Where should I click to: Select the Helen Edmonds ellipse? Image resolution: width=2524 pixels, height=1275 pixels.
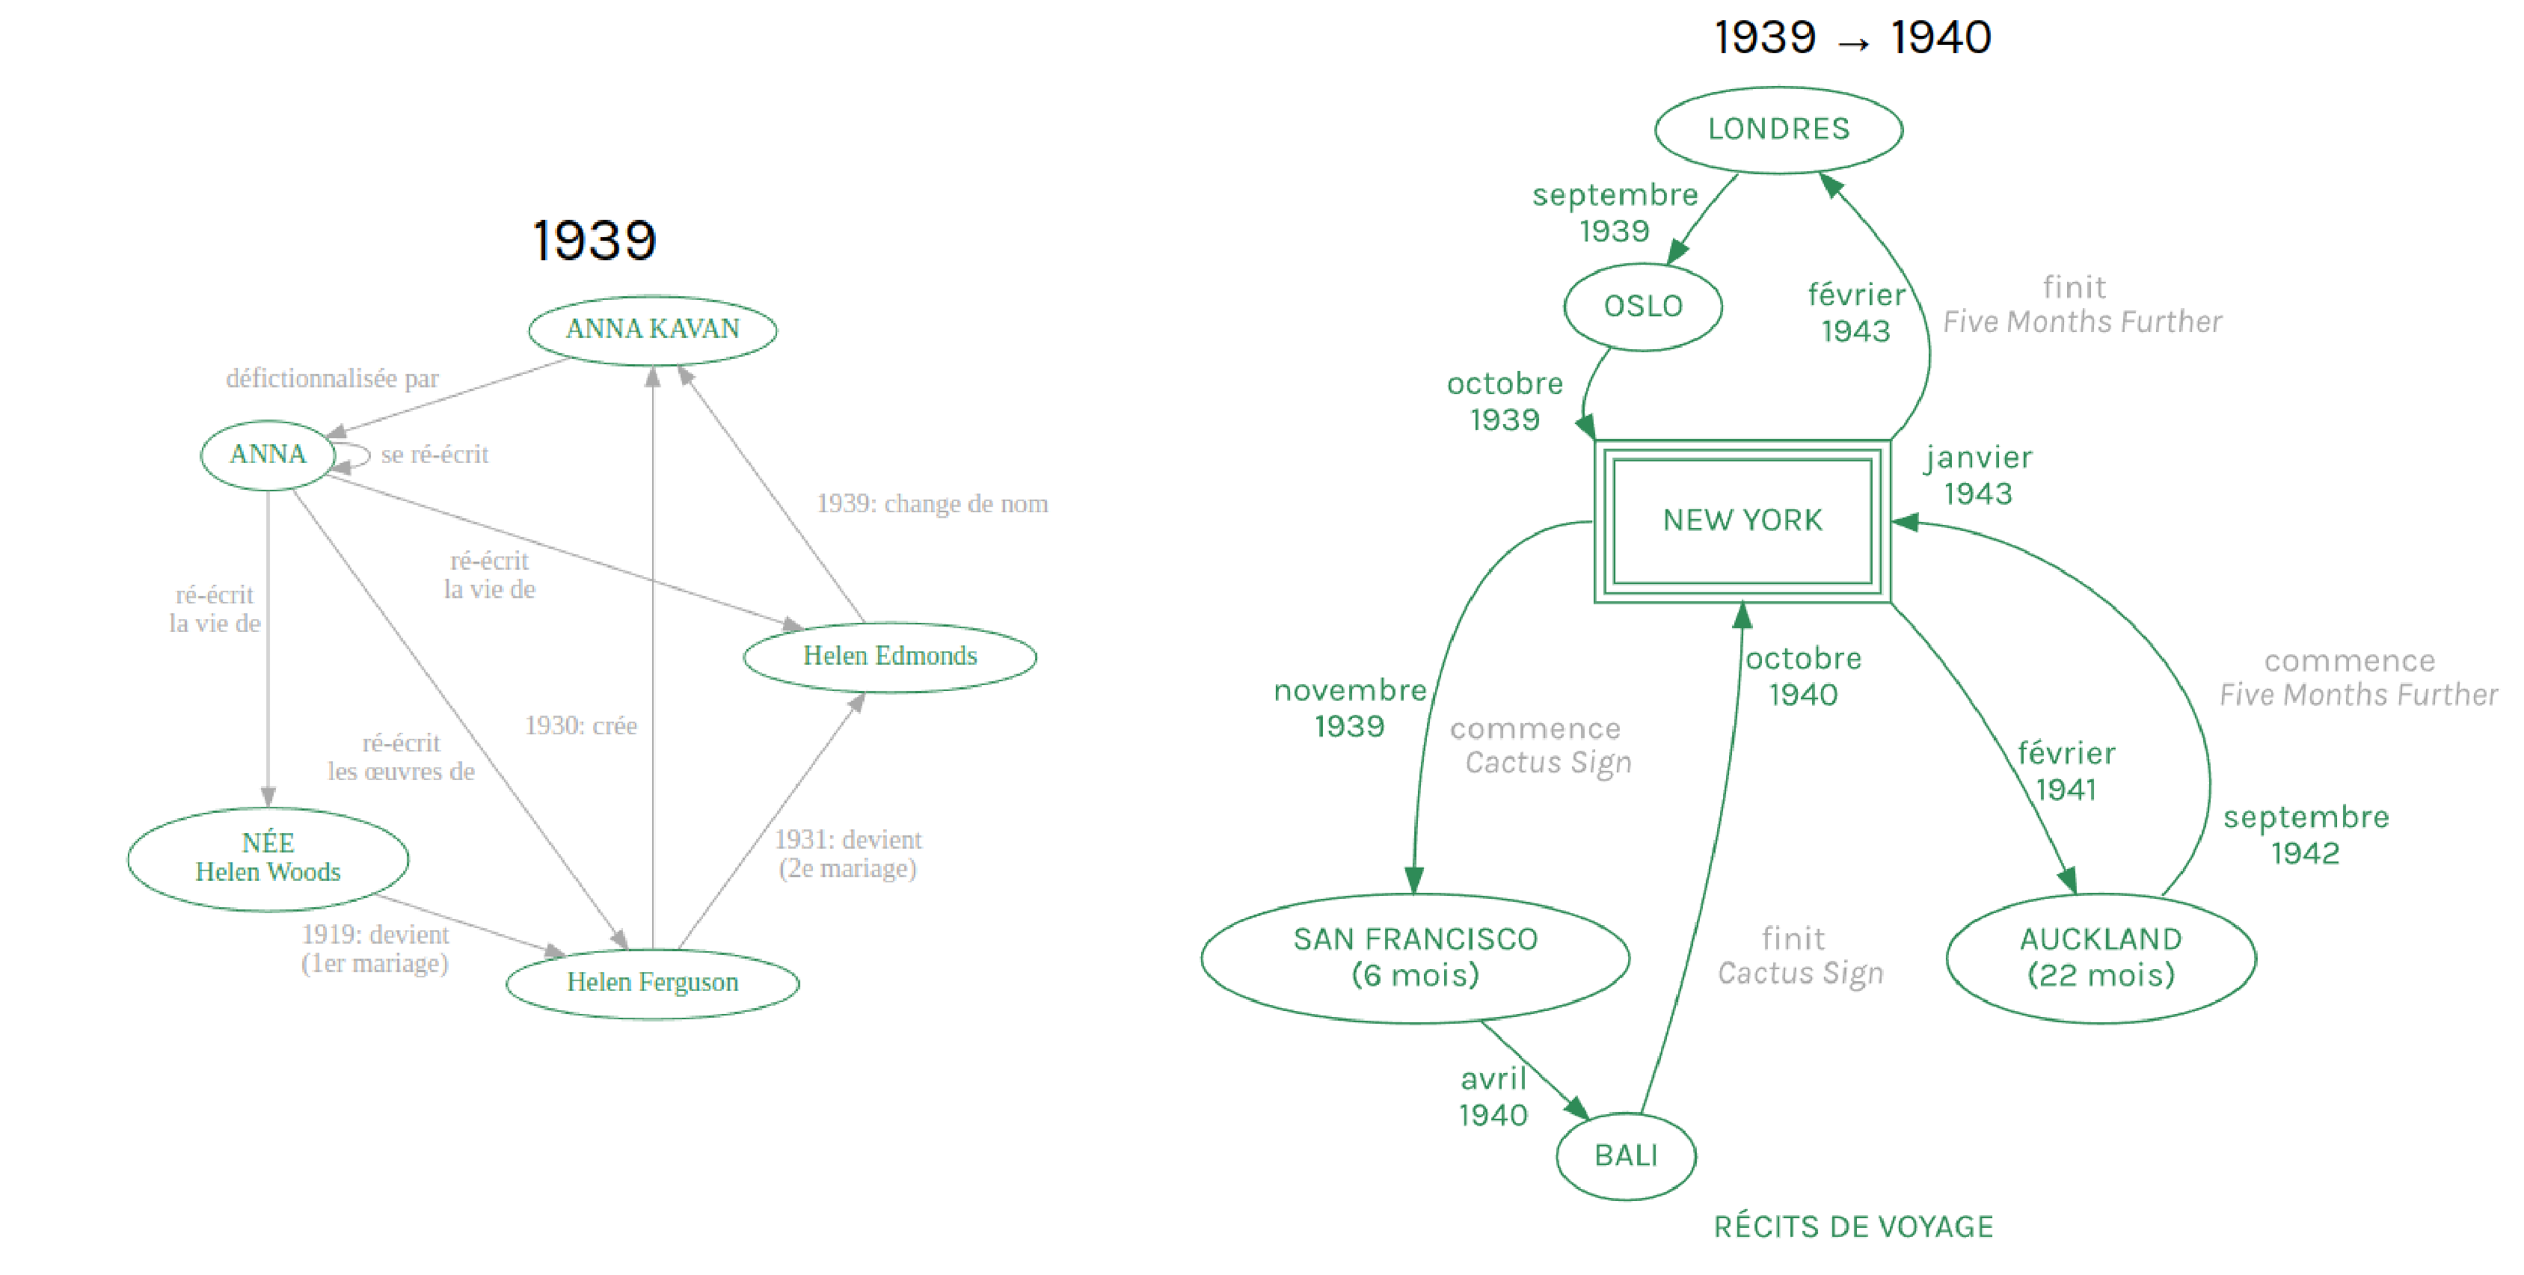pos(890,657)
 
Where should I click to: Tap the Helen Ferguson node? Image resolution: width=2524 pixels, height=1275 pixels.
pos(653,983)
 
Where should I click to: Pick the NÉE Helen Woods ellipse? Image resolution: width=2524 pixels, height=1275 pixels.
pos(268,858)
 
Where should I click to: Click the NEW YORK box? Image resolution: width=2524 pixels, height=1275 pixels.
pos(1742,520)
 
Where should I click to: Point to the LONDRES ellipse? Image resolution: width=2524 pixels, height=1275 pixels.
pos(1778,129)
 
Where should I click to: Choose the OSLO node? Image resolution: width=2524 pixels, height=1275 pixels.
pos(1643,307)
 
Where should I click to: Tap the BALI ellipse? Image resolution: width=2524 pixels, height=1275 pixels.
pos(1626,1155)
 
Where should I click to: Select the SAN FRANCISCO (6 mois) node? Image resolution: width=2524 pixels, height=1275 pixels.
pos(1415,957)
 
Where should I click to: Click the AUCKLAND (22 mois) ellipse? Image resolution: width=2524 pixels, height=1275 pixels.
pos(2101,957)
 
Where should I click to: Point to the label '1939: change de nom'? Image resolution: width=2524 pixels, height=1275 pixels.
pos(932,504)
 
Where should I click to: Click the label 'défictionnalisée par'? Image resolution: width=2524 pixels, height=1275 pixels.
pos(332,378)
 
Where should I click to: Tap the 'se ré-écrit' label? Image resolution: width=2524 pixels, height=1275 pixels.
pos(434,454)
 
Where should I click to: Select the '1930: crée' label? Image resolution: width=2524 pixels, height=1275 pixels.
pos(581,725)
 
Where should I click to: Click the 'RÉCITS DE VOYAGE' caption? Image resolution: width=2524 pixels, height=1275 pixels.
pos(1853,1226)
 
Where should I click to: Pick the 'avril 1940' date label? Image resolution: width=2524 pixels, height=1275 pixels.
pos(1493,1096)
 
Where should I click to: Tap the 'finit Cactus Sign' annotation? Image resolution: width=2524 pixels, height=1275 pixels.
pos(1800,956)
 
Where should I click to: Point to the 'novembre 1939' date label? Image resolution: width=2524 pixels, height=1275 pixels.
pos(1349,707)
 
